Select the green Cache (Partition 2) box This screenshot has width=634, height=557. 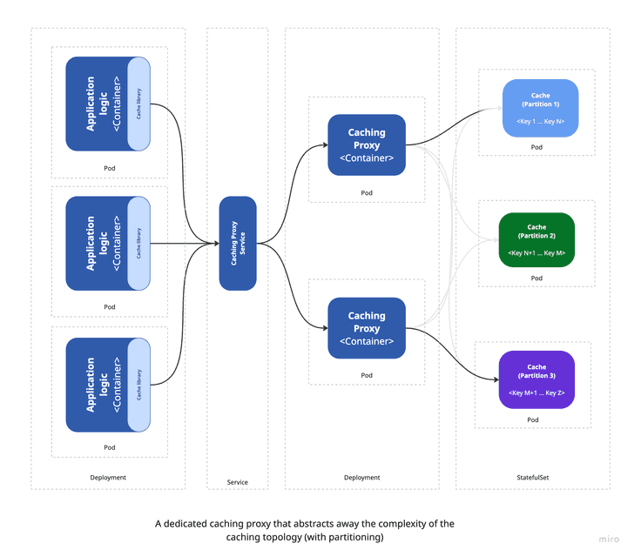point(536,239)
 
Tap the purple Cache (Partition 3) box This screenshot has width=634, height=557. point(536,379)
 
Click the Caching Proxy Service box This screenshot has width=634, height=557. point(238,243)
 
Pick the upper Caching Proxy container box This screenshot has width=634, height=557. point(367,144)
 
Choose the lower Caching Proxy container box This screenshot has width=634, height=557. point(367,327)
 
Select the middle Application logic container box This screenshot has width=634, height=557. point(97,243)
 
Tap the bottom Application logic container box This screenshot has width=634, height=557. point(97,386)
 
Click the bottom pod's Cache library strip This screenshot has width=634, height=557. point(139,386)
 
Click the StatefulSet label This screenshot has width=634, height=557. point(532,477)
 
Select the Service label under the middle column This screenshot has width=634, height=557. point(237,481)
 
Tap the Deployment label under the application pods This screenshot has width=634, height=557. point(108,477)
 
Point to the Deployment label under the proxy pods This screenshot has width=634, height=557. point(362,477)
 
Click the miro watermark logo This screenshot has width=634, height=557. point(609,540)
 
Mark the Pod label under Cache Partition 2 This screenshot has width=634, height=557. point(536,278)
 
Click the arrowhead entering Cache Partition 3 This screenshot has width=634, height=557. point(493,379)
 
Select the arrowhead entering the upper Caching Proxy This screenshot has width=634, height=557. point(323,144)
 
